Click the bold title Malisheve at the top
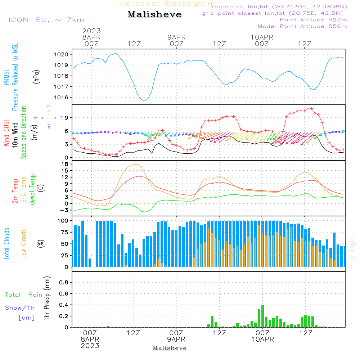154,14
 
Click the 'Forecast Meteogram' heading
168,4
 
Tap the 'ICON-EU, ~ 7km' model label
46,20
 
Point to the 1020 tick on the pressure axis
61,54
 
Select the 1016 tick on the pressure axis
61,97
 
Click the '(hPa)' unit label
36,76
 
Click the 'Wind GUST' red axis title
6,133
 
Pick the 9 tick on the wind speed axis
67,118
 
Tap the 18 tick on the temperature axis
65,164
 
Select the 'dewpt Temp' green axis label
32,189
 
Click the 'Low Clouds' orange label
23,244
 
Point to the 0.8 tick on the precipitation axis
64,282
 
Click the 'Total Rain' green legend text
24,294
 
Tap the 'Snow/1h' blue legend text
20,308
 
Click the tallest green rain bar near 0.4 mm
263,316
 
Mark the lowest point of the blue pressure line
145,101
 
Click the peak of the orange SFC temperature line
137,164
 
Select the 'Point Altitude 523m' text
314,20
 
